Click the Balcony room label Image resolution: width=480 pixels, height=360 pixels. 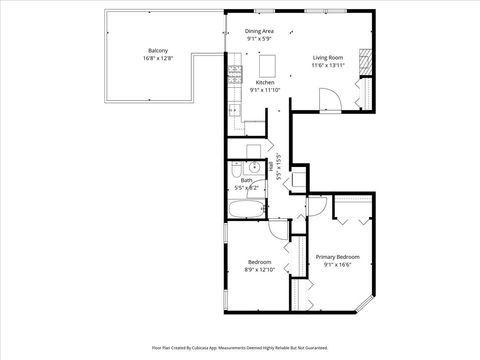click(x=158, y=51)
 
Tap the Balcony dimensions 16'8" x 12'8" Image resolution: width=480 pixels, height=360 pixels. click(x=158, y=59)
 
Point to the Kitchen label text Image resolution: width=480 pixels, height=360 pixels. click(x=265, y=82)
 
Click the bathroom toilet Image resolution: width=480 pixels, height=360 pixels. click(x=272, y=168)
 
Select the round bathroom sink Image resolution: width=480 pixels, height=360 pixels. click(x=254, y=167)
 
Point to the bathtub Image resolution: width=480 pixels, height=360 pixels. click(x=246, y=210)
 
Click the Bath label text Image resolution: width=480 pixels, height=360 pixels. click(x=245, y=180)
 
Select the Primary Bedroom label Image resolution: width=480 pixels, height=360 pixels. click(x=338, y=257)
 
